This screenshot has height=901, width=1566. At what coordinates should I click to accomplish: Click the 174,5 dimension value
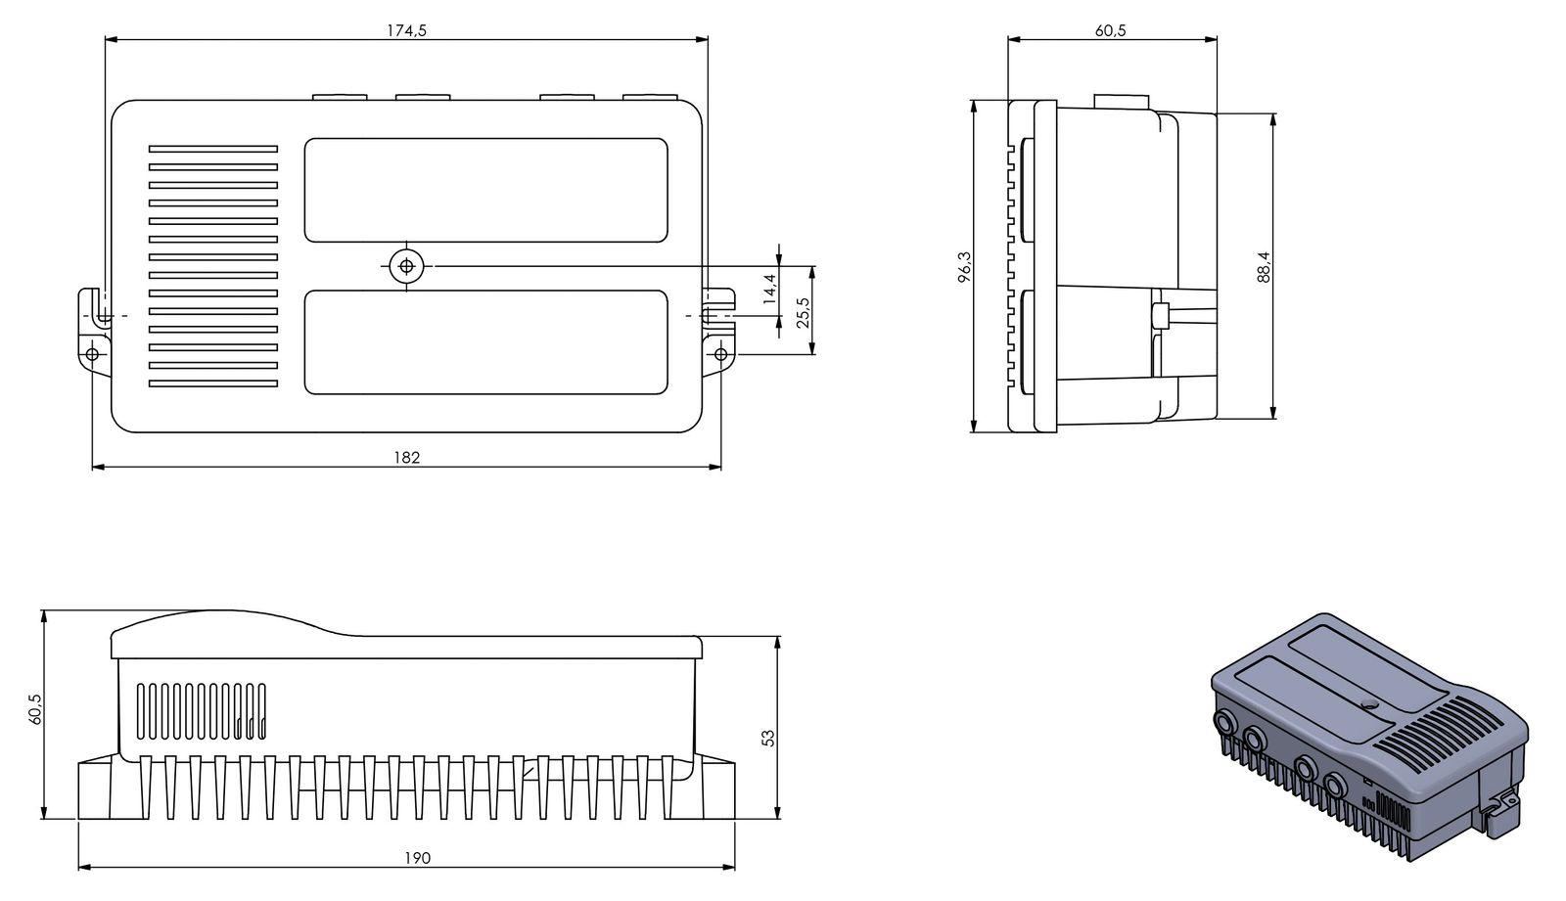coord(406,30)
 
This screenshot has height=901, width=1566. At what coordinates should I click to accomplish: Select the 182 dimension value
coord(406,457)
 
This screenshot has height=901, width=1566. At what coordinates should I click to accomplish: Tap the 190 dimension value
coord(418,858)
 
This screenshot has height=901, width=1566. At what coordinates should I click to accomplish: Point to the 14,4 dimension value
coord(770,290)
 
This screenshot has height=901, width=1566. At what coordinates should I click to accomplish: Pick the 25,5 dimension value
coord(804,313)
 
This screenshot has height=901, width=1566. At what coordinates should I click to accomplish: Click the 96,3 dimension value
coord(965,267)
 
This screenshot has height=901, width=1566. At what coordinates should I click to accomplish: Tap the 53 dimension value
coord(768,736)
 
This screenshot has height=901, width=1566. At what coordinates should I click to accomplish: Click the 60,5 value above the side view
coord(1110,30)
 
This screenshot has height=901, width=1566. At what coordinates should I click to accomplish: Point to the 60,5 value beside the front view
coord(36,709)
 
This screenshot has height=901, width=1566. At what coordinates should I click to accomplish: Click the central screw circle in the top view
coord(405,265)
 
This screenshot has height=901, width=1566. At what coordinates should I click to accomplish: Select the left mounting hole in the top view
coord(91,353)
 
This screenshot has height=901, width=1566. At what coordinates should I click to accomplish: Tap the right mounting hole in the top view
coord(720,353)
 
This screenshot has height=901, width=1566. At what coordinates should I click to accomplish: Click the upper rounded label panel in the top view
coord(485,190)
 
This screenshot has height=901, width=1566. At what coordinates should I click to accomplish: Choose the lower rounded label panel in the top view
coord(485,341)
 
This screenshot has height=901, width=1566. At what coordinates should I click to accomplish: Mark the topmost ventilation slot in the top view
coord(213,150)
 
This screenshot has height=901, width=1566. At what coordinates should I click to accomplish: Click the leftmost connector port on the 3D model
coord(1225,722)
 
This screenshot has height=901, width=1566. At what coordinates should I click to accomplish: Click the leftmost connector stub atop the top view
coord(339,97)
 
